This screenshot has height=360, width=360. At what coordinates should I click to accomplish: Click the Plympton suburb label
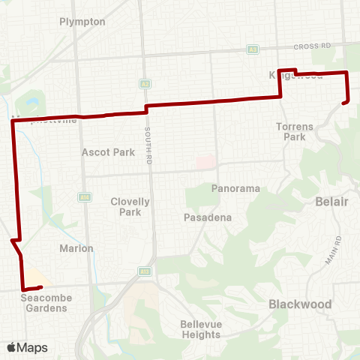coord(82,22)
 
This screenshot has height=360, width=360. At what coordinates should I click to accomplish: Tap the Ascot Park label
coord(109,152)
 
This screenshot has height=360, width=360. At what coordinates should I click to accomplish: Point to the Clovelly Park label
coord(130,207)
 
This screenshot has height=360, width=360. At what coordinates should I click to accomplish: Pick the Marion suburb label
coord(77,248)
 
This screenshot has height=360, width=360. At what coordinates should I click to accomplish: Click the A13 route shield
coord(145,271)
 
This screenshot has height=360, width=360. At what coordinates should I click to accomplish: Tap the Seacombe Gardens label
coord(45,303)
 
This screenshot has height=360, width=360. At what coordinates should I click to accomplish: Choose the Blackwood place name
coord(300,304)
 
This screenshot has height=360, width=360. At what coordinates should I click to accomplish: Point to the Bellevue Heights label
coord(200,329)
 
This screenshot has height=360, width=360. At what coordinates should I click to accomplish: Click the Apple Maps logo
coord(27,347)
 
